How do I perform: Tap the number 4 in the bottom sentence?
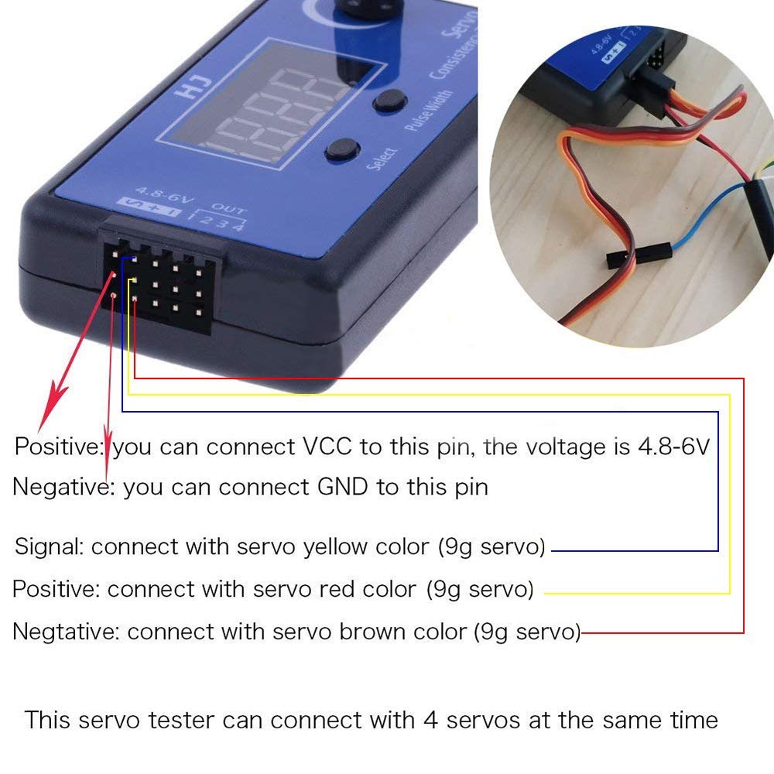pos(430,720)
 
